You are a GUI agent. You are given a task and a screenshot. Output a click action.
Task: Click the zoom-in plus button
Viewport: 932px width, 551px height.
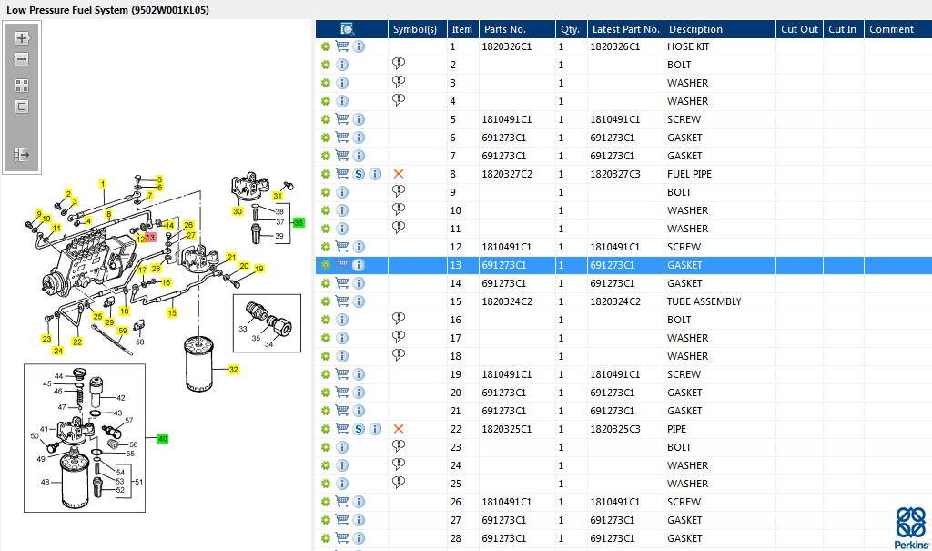coord(22,38)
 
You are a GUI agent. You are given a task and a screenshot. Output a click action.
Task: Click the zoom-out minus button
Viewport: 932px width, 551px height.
coord(22,59)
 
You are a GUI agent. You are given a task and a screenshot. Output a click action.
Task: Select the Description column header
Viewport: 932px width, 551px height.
coord(695,29)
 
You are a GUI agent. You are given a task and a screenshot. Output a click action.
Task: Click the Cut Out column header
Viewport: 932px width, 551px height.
coord(799,29)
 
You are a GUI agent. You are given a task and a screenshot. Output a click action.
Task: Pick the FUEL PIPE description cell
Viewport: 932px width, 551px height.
coord(689,174)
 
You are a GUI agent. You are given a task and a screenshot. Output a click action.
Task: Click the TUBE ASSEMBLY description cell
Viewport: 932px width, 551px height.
coord(704,301)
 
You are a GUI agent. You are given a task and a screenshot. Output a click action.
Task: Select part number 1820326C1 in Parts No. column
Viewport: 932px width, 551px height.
coord(506,46)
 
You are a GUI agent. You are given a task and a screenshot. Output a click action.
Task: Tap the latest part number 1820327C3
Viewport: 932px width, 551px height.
coord(614,174)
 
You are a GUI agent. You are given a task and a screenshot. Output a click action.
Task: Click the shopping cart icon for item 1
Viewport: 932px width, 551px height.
coord(342,46)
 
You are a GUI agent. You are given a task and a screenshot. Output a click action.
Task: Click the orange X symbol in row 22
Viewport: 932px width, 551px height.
coord(399,429)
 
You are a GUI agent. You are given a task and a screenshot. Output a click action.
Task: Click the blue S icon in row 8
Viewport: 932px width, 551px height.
coord(359,174)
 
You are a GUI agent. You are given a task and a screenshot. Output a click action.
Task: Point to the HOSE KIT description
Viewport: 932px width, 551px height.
coord(688,46)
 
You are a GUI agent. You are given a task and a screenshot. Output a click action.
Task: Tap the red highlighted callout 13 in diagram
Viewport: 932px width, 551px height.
coord(150,238)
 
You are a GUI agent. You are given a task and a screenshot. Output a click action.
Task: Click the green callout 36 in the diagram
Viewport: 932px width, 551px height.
coord(299,223)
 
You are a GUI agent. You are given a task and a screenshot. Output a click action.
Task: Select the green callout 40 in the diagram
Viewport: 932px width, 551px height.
coord(162,439)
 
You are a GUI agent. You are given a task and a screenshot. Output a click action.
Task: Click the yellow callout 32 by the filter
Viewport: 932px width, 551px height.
coord(234,370)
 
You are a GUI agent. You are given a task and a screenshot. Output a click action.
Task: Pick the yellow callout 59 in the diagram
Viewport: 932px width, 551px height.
coord(123,331)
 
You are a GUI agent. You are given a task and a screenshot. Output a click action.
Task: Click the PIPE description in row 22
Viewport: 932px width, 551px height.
coord(676,429)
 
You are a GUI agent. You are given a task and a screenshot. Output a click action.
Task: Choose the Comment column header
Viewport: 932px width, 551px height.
coord(891,29)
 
